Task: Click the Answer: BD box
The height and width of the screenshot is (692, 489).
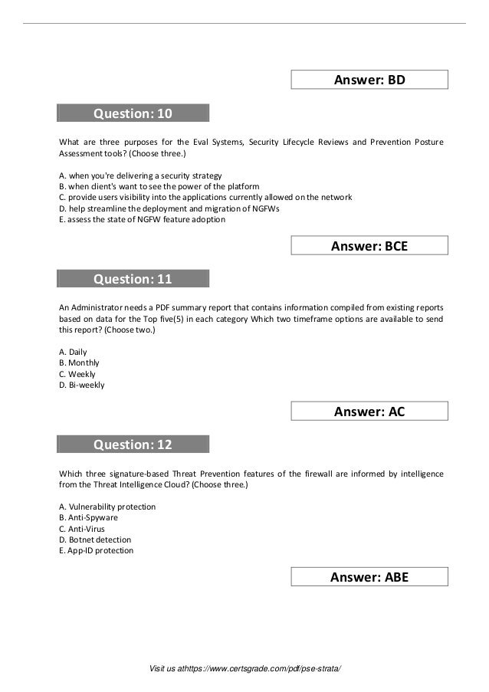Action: [x=370, y=80]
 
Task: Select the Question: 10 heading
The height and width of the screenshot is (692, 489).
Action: [x=133, y=114]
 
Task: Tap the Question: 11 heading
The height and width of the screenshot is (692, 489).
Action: [x=133, y=279]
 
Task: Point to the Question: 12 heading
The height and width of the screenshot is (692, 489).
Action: [x=133, y=444]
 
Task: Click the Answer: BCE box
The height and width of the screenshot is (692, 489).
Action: [x=370, y=245]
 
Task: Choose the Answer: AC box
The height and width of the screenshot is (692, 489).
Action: [x=370, y=412]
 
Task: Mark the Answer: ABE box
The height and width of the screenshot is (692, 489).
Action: [x=370, y=577]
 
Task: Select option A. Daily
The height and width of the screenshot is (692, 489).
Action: [x=73, y=352]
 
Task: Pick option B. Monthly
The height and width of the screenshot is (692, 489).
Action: [x=79, y=362]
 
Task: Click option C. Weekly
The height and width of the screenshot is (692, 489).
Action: [x=77, y=374]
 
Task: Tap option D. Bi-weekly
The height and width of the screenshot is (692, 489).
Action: [x=81, y=385]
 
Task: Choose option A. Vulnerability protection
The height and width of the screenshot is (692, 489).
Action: [x=107, y=507]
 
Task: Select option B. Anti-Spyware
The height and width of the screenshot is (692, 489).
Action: [x=88, y=517]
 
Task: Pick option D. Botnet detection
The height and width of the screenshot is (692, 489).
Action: [x=95, y=539]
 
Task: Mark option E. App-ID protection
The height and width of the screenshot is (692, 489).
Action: [x=96, y=550]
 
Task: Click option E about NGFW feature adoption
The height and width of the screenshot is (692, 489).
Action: [x=142, y=219]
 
